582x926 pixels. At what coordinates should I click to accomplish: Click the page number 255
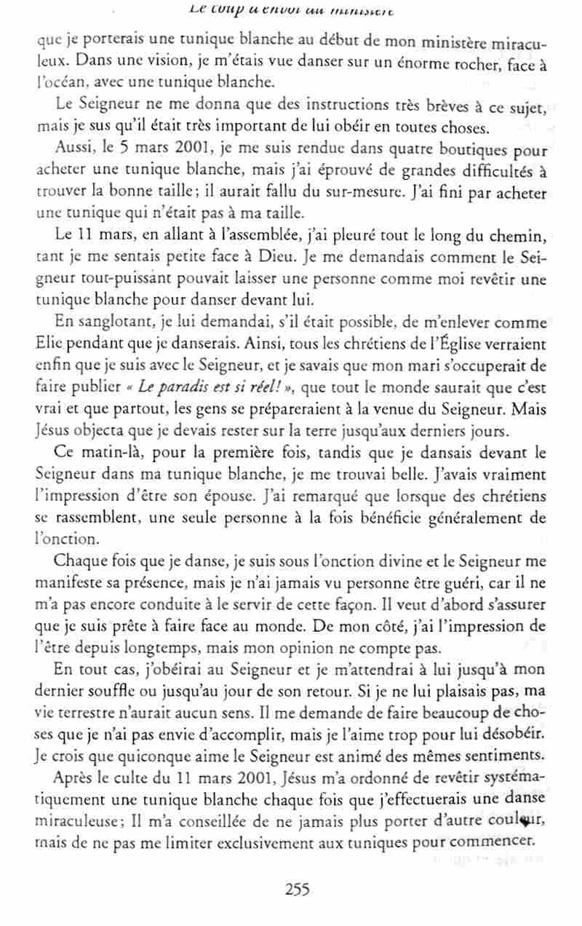click(x=298, y=888)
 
